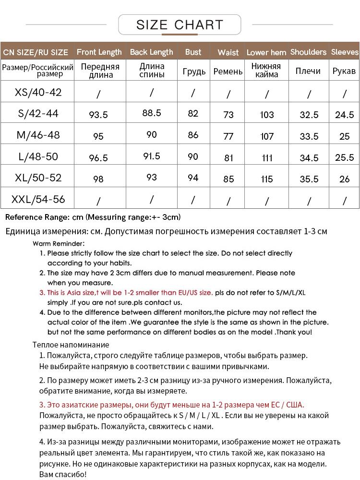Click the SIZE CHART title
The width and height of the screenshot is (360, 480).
pyautogui.click(x=180, y=24)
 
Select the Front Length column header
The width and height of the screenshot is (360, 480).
pyautogui.click(x=99, y=52)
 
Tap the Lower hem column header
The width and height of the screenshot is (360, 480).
pyautogui.click(x=266, y=52)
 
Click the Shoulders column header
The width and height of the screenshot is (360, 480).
pyautogui.click(x=308, y=52)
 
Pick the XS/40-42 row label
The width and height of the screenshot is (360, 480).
pyautogui.click(x=38, y=92)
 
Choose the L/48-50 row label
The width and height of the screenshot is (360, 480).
pyautogui.click(x=38, y=156)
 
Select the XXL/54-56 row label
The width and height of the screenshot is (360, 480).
pyautogui.click(x=38, y=199)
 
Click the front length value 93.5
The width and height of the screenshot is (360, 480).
pyautogui.click(x=98, y=115)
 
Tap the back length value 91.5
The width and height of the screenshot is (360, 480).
pyautogui.click(x=152, y=156)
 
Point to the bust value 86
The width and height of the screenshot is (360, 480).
pyautogui.click(x=193, y=135)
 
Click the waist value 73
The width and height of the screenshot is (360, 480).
pyautogui.click(x=228, y=115)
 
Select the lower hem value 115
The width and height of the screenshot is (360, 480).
pyautogui.click(x=267, y=179)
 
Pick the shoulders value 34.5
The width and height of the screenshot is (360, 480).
pyautogui.click(x=309, y=158)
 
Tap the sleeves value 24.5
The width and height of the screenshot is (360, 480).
pyautogui.click(x=345, y=115)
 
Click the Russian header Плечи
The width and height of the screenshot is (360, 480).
pyautogui.click(x=308, y=71)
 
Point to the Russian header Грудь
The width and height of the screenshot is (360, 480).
pyautogui.click(x=194, y=72)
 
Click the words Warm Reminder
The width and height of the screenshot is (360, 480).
pyautogui.click(x=59, y=243)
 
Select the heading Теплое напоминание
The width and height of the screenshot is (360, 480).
pyautogui.click(x=71, y=345)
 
